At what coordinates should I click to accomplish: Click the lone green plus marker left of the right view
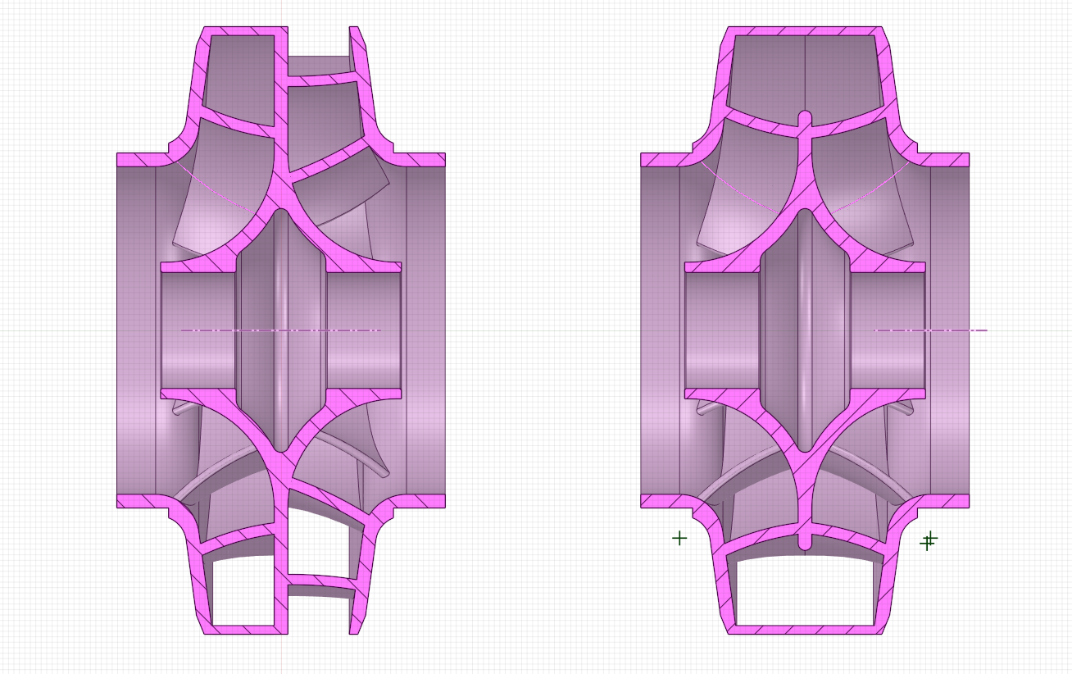point(679,538)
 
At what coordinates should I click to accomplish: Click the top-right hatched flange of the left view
point(423,160)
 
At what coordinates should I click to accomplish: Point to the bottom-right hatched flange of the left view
point(423,501)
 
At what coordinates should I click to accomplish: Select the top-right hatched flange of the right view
point(947,160)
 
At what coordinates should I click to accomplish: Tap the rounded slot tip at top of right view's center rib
point(805,116)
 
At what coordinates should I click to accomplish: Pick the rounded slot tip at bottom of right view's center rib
point(805,543)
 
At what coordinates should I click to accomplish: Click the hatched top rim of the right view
point(805,31)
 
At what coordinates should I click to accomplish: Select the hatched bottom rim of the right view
point(805,629)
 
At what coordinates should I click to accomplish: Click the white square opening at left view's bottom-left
point(243,590)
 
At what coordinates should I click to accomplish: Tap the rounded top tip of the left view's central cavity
point(281,215)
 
